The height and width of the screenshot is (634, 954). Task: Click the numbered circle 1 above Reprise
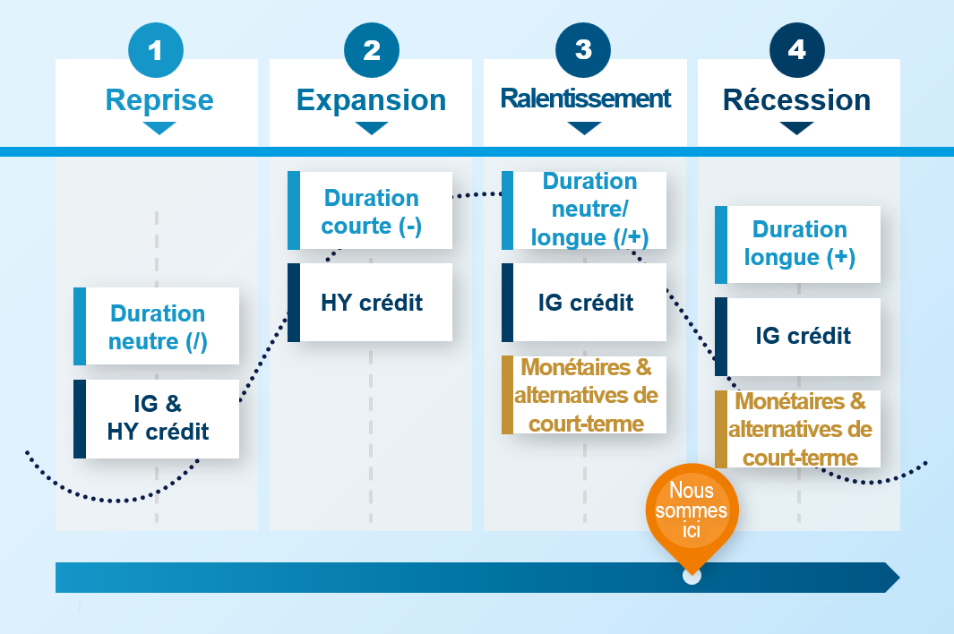pyautogui.click(x=156, y=50)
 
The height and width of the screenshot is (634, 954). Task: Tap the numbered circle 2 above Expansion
pyautogui.click(x=371, y=50)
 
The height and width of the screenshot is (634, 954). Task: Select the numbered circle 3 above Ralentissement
pyautogui.click(x=584, y=50)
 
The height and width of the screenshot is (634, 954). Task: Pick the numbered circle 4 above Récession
pyautogui.click(x=797, y=50)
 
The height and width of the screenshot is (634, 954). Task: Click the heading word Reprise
pyautogui.click(x=159, y=99)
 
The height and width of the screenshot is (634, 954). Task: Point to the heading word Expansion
pyautogui.click(x=371, y=99)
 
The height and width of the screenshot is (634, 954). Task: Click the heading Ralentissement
pyautogui.click(x=585, y=99)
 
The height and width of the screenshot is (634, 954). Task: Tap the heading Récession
pyautogui.click(x=797, y=99)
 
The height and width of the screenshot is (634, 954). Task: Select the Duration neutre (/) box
pyautogui.click(x=157, y=326)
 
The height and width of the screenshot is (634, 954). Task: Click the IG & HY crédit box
pyautogui.click(x=157, y=418)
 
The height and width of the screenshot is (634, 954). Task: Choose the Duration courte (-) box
pyautogui.click(x=371, y=211)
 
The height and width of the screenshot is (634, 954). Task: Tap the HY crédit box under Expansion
pyautogui.click(x=371, y=303)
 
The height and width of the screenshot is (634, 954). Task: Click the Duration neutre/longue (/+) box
pyautogui.click(x=585, y=210)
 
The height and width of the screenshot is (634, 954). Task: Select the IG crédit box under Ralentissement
pyautogui.click(x=585, y=303)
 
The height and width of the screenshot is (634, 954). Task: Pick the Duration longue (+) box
pyautogui.click(x=798, y=244)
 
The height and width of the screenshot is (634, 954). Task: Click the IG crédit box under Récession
pyautogui.click(x=798, y=337)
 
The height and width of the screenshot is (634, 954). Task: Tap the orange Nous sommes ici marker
pyautogui.click(x=692, y=510)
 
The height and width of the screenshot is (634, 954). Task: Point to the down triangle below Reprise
pyautogui.click(x=159, y=128)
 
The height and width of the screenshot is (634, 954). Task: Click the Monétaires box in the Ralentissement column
pyautogui.click(x=585, y=395)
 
